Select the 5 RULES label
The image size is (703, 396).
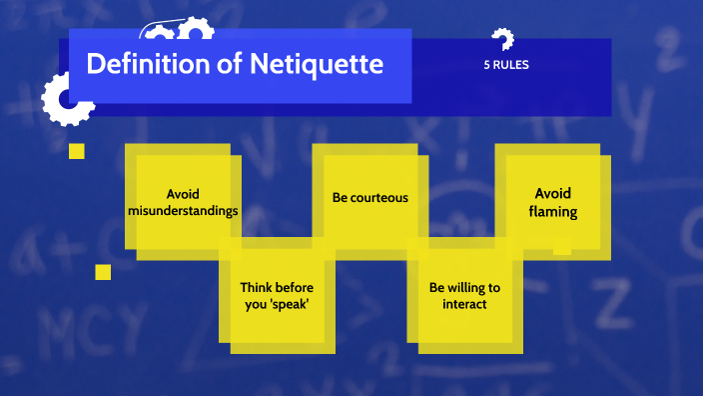pos(505,66)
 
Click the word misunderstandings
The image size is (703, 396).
pos(190,212)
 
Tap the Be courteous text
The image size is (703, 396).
pos(370,197)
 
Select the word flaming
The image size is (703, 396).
pos(553,212)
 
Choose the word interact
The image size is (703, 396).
pos(464,303)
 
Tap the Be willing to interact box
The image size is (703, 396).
pos(466,296)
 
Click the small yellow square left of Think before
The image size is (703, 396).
pos(103,272)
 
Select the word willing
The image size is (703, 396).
pos(466,288)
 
